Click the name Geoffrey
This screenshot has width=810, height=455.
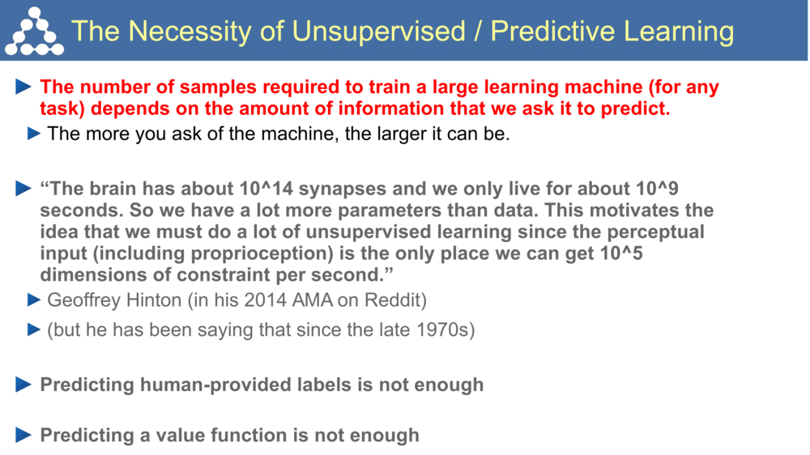(84, 300)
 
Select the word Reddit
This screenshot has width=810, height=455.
(396, 300)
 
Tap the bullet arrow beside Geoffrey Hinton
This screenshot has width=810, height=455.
(33, 300)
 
